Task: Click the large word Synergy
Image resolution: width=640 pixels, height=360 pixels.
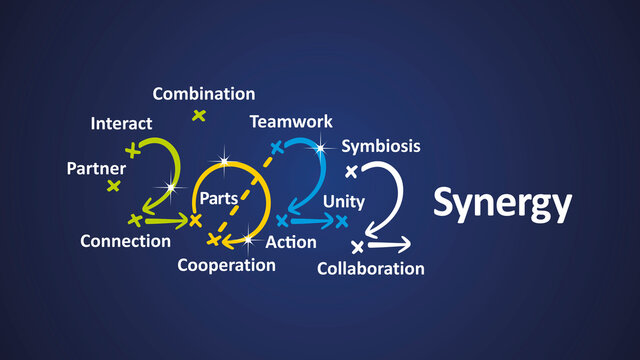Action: pos(502,204)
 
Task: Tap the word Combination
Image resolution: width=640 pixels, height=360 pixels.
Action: pos(204,94)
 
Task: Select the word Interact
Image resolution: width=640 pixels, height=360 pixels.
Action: pos(121,124)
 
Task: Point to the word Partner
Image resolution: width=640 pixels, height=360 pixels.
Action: pos(96,168)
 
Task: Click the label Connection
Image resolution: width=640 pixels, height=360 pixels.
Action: pos(125,241)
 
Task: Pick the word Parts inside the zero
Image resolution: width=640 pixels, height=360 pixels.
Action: pos(218,198)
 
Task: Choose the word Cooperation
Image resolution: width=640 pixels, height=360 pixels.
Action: pos(226,265)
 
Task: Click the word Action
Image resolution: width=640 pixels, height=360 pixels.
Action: pos(291,242)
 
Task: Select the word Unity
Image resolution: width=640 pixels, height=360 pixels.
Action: pos(343,201)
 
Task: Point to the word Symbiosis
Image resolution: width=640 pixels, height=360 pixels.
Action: pos(381,146)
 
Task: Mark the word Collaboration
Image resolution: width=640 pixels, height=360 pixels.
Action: pos(370,268)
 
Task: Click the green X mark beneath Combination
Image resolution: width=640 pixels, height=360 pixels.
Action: pos(199,115)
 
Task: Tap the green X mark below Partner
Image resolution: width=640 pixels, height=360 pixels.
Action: pos(114,185)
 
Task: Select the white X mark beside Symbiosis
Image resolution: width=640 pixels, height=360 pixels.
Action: pos(351,171)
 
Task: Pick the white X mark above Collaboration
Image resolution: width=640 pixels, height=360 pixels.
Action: pos(357,246)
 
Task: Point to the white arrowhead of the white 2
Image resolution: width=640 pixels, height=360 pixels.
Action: pos(405,244)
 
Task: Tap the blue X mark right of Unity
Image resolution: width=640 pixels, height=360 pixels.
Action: pos(341,219)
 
